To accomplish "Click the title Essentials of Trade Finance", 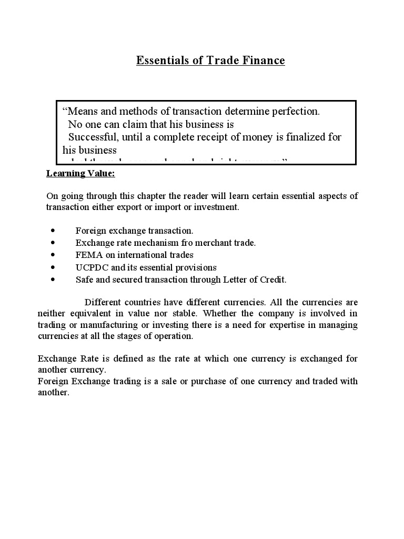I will point(210,61).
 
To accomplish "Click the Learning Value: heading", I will point(80,173).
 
